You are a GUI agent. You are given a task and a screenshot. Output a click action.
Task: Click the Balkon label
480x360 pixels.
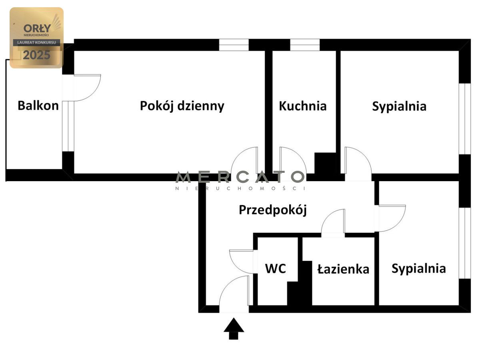(x=38, y=106)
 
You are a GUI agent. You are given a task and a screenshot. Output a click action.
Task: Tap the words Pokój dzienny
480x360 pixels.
(x=182, y=106)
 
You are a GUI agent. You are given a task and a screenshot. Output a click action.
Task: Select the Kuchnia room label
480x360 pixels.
(x=303, y=106)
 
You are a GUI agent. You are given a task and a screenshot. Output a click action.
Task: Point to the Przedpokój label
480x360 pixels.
(x=273, y=210)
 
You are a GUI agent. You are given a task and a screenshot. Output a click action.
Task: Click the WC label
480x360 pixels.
(x=275, y=268)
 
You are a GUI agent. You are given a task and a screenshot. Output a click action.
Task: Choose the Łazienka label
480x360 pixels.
(x=343, y=269)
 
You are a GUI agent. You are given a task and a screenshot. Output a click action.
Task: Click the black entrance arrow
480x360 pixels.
(x=234, y=328)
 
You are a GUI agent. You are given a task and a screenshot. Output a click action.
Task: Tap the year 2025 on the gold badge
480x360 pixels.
(x=36, y=55)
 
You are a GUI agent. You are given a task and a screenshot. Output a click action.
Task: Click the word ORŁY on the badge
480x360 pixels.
(x=37, y=28)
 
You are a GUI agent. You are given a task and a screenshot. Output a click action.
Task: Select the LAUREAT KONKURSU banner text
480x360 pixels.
(x=36, y=42)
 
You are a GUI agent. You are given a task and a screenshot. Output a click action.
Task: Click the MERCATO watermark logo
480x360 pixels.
(x=240, y=177)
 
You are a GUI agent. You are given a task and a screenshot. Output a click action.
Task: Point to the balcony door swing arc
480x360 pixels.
(x=93, y=93)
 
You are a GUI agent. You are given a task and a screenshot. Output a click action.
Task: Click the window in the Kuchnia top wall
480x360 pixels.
(x=305, y=45)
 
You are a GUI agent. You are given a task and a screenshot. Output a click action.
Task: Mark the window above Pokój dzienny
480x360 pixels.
(x=234, y=45)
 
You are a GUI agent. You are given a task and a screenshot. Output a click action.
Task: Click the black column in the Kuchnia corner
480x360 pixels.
(x=325, y=163)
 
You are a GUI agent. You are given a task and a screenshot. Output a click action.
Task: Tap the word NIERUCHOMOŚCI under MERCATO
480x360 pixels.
(x=240, y=188)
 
